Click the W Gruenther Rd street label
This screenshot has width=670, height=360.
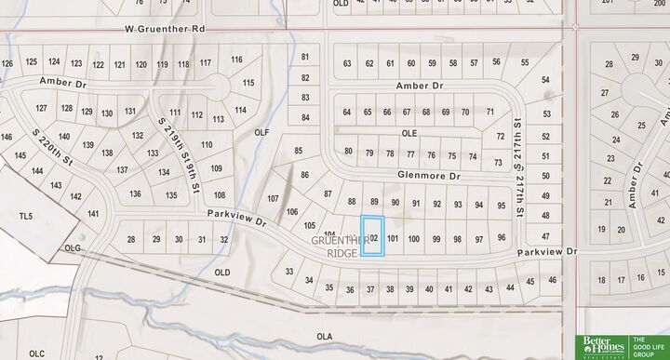click(x=165, y=30)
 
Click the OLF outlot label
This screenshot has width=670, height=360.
click(x=261, y=133)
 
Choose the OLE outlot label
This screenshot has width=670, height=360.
click(x=409, y=133)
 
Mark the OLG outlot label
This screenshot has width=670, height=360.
click(x=74, y=248)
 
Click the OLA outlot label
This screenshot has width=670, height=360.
click(x=324, y=337)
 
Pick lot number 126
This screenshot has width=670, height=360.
click(x=8, y=63)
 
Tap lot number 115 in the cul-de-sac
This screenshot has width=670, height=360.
click(x=248, y=83)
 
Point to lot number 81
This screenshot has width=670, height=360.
click(x=305, y=58)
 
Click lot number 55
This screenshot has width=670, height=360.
click(x=526, y=63)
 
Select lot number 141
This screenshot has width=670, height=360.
click(x=93, y=214)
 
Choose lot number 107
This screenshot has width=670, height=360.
click(x=273, y=199)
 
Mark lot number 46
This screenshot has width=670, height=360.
click(x=553, y=279)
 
